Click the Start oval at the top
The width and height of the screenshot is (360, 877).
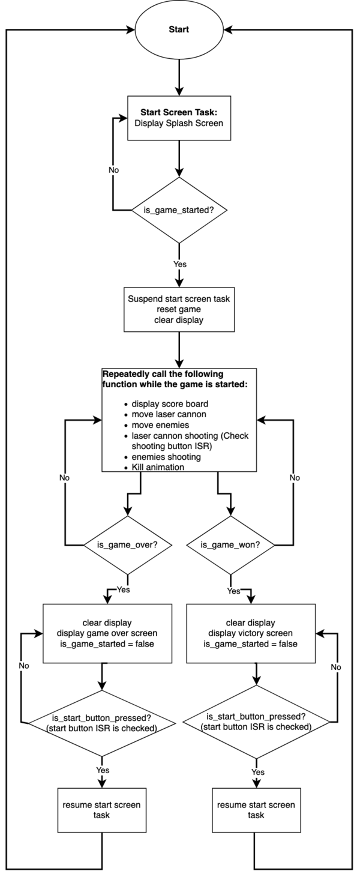(179, 30)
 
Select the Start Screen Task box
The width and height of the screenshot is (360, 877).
(179, 118)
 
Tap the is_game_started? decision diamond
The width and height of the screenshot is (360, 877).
(179, 210)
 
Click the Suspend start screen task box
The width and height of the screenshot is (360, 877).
(179, 309)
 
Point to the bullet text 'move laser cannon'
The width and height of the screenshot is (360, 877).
(169, 414)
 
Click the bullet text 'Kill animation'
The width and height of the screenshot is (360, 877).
(158, 467)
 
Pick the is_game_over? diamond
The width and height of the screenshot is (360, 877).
(127, 545)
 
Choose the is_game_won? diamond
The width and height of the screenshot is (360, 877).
(230, 545)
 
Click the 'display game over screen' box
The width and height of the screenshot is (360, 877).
(107, 633)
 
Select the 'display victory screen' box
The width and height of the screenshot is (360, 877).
(251, 633)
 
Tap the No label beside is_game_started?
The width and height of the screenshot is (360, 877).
(113, 170)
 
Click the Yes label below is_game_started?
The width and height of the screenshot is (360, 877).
(180, 264)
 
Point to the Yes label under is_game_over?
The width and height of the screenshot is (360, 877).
(123, 589)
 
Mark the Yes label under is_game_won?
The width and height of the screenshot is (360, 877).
(233, 591)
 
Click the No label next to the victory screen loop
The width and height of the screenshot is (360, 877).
(336, 667)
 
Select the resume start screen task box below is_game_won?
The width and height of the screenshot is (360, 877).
(256, 810)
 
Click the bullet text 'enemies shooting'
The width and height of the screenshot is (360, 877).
(166, 457)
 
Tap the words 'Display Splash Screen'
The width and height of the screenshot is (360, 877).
(179, 123)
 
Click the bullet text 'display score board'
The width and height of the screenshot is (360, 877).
(170, 403)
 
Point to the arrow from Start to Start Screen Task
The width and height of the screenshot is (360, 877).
(179, 77)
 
